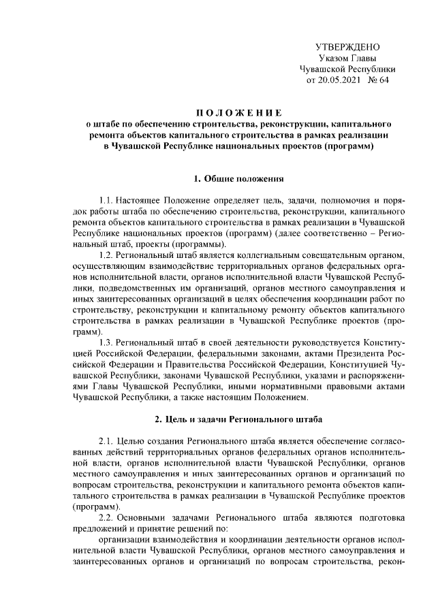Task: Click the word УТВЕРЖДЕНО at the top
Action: [347, 46]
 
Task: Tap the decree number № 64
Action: [379, 80]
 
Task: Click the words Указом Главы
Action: [347, 58]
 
